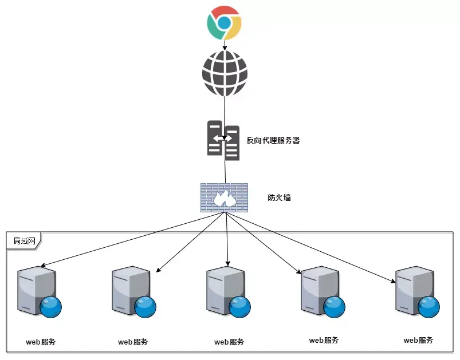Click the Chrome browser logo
pyautogui.click(x=224, y=23)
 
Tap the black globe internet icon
pyautogui.click(x=225, y=74)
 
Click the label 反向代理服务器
pyautogui.click(x=273, y=140)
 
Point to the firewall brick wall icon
pyautogui.click(x=224, y=197)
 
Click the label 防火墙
pyautogui.click(x=280, y=198)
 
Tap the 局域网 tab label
pyautogui.click(x=25, y=241)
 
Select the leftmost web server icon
pyautogui.click(x=37, y=290)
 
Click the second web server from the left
pyautogui.click(x=131, y=290)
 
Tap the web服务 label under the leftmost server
pyautogui.click(x=41, y=342)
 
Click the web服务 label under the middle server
pyautogui.click(x=229, y=342)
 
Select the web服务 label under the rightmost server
pyautogui.click(x=418, y=340)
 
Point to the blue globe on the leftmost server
pyautogui.click(x=51, y=307)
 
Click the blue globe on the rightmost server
pyautogui.click(x=429, y=307)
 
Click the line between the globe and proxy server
pyautogui.click(x=225, y=109)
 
